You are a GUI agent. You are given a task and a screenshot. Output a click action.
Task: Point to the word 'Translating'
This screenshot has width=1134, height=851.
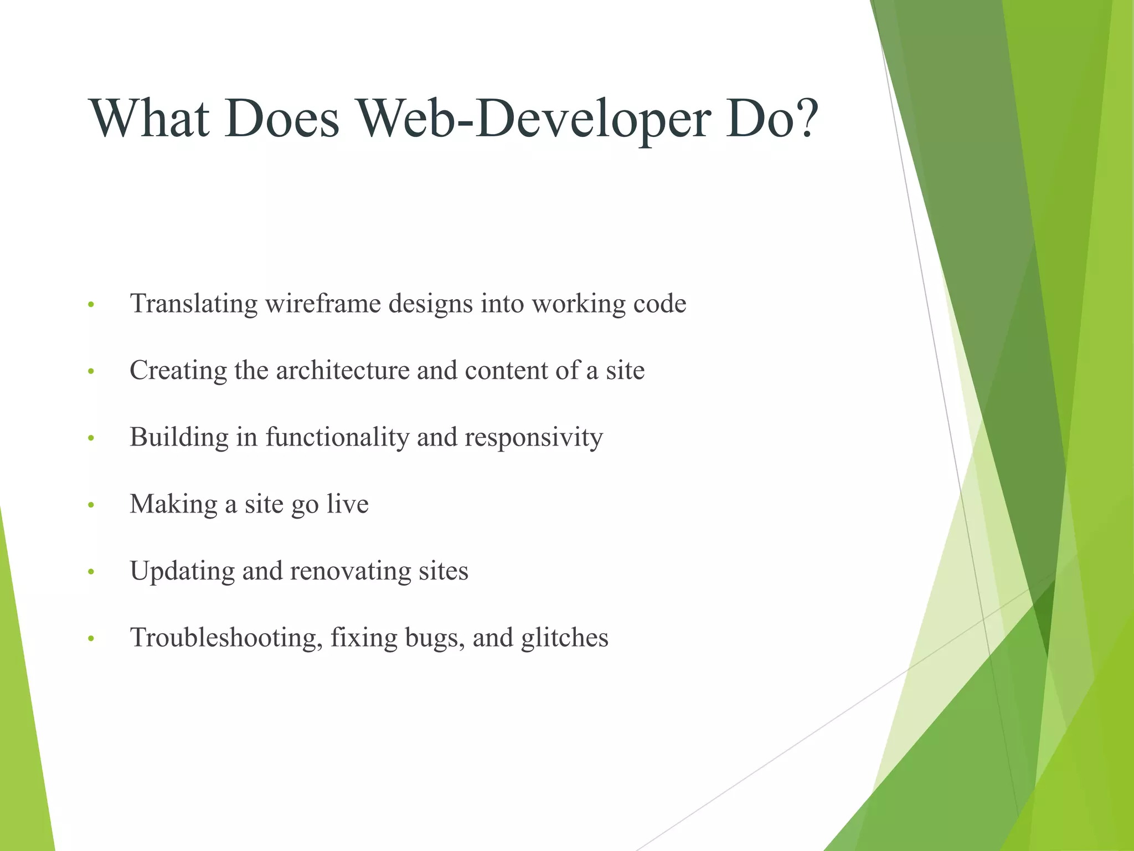[x=194, y=304]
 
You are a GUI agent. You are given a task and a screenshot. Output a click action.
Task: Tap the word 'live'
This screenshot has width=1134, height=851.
[x=348, y=504]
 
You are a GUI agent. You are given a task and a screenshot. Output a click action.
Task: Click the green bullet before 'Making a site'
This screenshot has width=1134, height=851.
[x=91, y=505]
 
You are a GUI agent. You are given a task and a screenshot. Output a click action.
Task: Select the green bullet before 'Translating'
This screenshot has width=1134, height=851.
[x=91, y=305]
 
